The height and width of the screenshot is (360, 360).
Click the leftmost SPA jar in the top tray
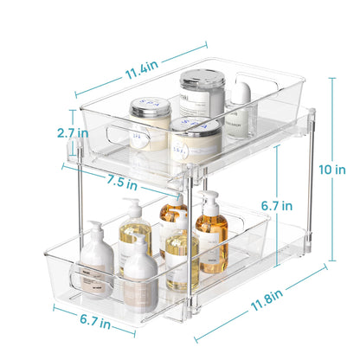coord(149,119)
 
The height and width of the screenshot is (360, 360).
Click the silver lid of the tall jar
coord(202,80)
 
